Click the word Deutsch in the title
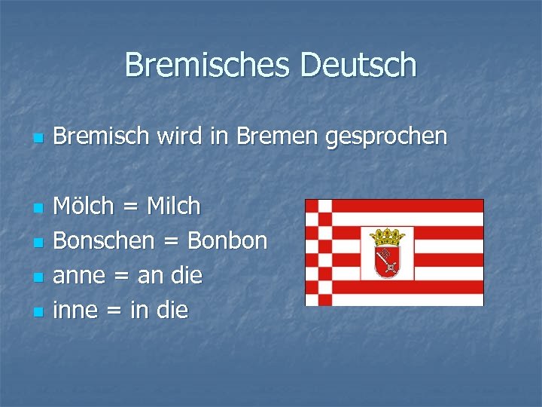358,65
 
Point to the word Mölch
85,206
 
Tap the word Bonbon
227,240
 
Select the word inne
75,310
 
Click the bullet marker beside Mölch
37,207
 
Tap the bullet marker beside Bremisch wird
37,138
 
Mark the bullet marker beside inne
37,311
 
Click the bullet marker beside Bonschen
37,242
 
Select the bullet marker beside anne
37,277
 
